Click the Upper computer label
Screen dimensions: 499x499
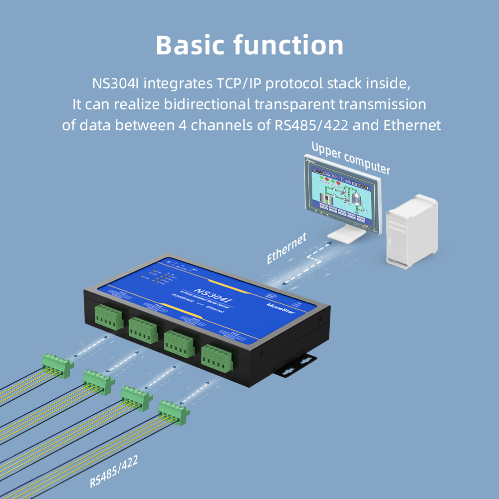point(350,158)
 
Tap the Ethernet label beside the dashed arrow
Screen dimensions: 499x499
point(286,248)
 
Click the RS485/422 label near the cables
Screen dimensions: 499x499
point(114,471)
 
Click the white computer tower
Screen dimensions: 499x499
point(412,230)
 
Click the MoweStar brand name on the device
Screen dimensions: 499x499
point(281,305)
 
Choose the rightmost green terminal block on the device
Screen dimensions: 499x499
point(217,359)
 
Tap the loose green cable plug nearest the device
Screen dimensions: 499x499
point(174,413)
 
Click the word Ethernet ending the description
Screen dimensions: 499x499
point(412,125)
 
